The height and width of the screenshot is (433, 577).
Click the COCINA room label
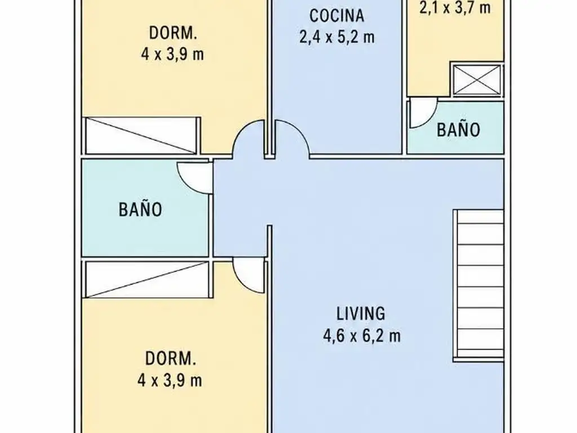[337, 16]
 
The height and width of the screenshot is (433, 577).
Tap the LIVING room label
[361, 313]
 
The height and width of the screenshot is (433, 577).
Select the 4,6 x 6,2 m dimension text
[362, 336]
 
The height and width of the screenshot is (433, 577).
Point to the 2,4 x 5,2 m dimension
[337, 37]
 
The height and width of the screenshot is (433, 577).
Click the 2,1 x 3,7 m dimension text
[455, 7]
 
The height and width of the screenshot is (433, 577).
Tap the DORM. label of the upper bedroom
[173, 33]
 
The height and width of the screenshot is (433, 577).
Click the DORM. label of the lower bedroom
[170, 359]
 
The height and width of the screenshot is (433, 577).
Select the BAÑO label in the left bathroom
[140, 209]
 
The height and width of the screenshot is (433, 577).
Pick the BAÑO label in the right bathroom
[459, 130]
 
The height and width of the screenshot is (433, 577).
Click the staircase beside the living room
[478, 284]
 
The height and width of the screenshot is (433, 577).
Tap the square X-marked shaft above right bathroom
[477, 79]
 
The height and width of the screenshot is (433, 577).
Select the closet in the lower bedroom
[147, 279]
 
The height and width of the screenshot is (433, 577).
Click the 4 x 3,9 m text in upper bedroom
[172, 55]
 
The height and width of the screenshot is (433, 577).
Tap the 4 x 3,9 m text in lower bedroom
[170, 380]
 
